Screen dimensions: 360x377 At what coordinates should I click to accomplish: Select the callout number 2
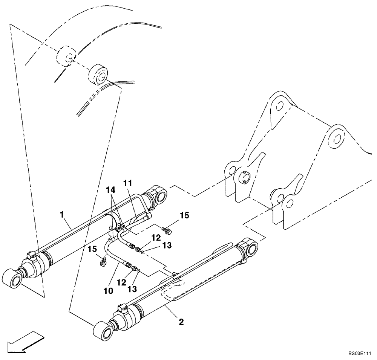tap(181, 322)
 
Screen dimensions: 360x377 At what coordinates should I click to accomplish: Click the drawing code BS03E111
tap(360, 354)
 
